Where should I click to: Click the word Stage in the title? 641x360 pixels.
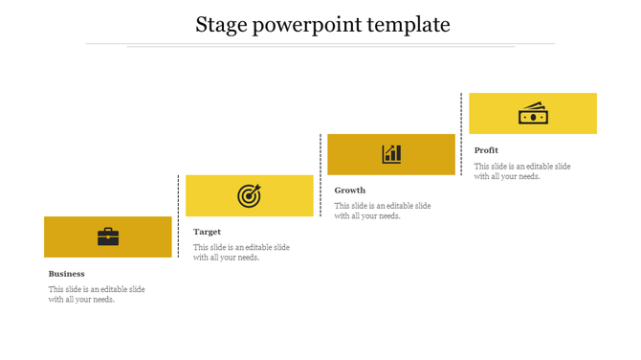[x=220, y=24]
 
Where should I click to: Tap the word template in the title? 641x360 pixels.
[x=403, y=25]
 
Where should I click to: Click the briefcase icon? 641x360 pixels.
[x=108, y=236]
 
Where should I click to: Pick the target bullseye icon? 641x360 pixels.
[x=249, y=196]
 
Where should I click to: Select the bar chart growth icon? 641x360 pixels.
[x=391, y=154]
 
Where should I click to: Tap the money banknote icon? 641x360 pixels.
[x=532, y=114]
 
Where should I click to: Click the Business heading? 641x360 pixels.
[x=67, y=274]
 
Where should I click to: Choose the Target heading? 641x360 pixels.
[x=207, y=232]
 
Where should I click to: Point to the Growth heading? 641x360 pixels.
[x=350, y=191]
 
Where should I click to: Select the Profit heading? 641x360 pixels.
[x=486, y=150]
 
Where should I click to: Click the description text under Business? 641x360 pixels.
[x=97, y=294]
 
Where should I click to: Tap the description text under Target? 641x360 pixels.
[x=241, y=252]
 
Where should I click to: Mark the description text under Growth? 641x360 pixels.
[x=383, y=211]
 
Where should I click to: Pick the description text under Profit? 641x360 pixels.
[x=522, y=171]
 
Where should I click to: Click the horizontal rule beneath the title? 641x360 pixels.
[x=320, y=44]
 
